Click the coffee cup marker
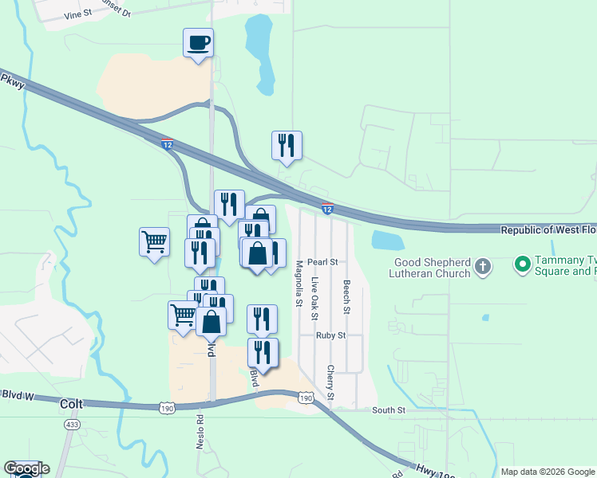click(198, 43)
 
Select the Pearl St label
click(322, 261)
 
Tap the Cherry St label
click(330, 382)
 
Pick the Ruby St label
click(330, 335)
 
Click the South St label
click(389, 410)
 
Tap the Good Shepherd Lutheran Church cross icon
click(482, 267)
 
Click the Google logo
click(26, 468)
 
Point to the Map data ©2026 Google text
click(548, 472)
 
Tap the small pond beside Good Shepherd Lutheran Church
click(388, 240)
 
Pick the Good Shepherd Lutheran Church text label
click(431, 268)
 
